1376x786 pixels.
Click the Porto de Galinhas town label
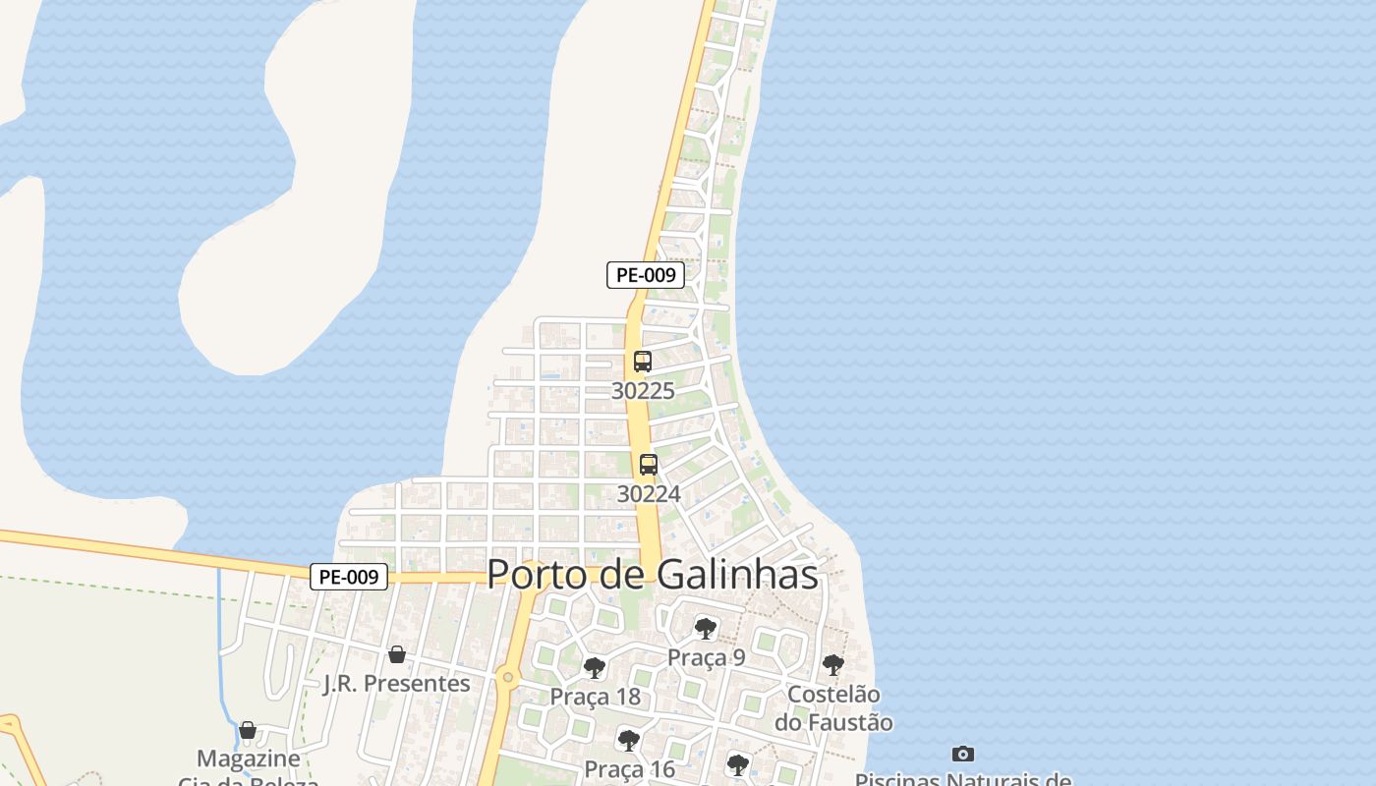(x=653, y=575)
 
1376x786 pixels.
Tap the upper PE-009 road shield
(x=645, y=275)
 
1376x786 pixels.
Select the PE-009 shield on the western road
(x=349, y=577)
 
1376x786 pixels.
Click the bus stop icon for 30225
(x=643, y=362)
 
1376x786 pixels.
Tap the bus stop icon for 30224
(x=649, y=465)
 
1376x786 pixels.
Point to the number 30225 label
(x=643, y=391)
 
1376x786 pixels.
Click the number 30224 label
(x=649, y=494)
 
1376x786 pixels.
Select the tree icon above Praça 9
(x=705, y=628)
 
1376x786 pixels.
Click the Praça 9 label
(x=706, y=657)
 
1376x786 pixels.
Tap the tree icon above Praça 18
(x=594, y=668)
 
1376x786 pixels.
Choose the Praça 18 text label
(x=595, y=697)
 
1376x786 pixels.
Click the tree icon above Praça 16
(x=629, y=740)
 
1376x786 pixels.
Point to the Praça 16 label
(x=630, y=768)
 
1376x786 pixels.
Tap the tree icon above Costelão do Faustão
(x=832, y=665)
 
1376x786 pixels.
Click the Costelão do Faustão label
(x=833, y=708)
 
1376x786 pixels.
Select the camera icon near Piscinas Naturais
(x=963, y=755)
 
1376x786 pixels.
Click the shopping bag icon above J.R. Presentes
(x=397, y=654)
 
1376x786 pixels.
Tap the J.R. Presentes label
(x=397, y=683)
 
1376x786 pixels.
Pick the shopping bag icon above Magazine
(x=248, y=730)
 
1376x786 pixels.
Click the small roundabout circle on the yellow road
(x=507, y=676)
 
